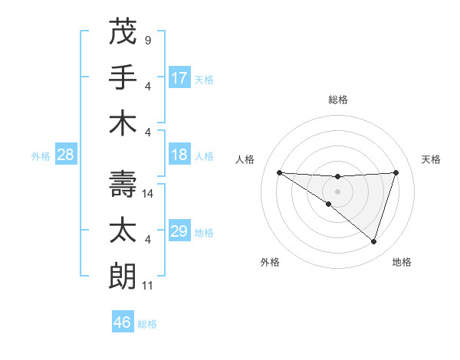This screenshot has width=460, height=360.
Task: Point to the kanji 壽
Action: tap(123, 184)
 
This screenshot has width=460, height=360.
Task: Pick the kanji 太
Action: tap(123, 230)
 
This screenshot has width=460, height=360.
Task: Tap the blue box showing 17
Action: tap(179, 78)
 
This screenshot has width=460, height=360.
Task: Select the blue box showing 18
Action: tap(179, 155)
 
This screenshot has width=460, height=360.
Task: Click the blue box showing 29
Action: tap(179, 231)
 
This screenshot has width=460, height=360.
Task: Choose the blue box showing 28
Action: tap(66, 155)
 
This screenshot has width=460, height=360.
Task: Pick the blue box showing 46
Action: tap(123, 322)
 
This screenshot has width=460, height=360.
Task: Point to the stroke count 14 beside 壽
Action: tap(149, 194)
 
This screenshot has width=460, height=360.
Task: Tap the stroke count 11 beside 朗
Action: tap(149, 286)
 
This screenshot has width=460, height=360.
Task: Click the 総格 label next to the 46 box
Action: tap(147, 324)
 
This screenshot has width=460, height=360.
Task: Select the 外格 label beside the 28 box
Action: tap(41, 156)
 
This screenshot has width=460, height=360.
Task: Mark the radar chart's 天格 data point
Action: tap(396, 172)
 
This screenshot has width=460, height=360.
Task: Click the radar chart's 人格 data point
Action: tap(279, 172)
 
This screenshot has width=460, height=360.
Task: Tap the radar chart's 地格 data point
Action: tap(373, 241)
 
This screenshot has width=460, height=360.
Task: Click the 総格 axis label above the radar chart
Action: tap(337, 100)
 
